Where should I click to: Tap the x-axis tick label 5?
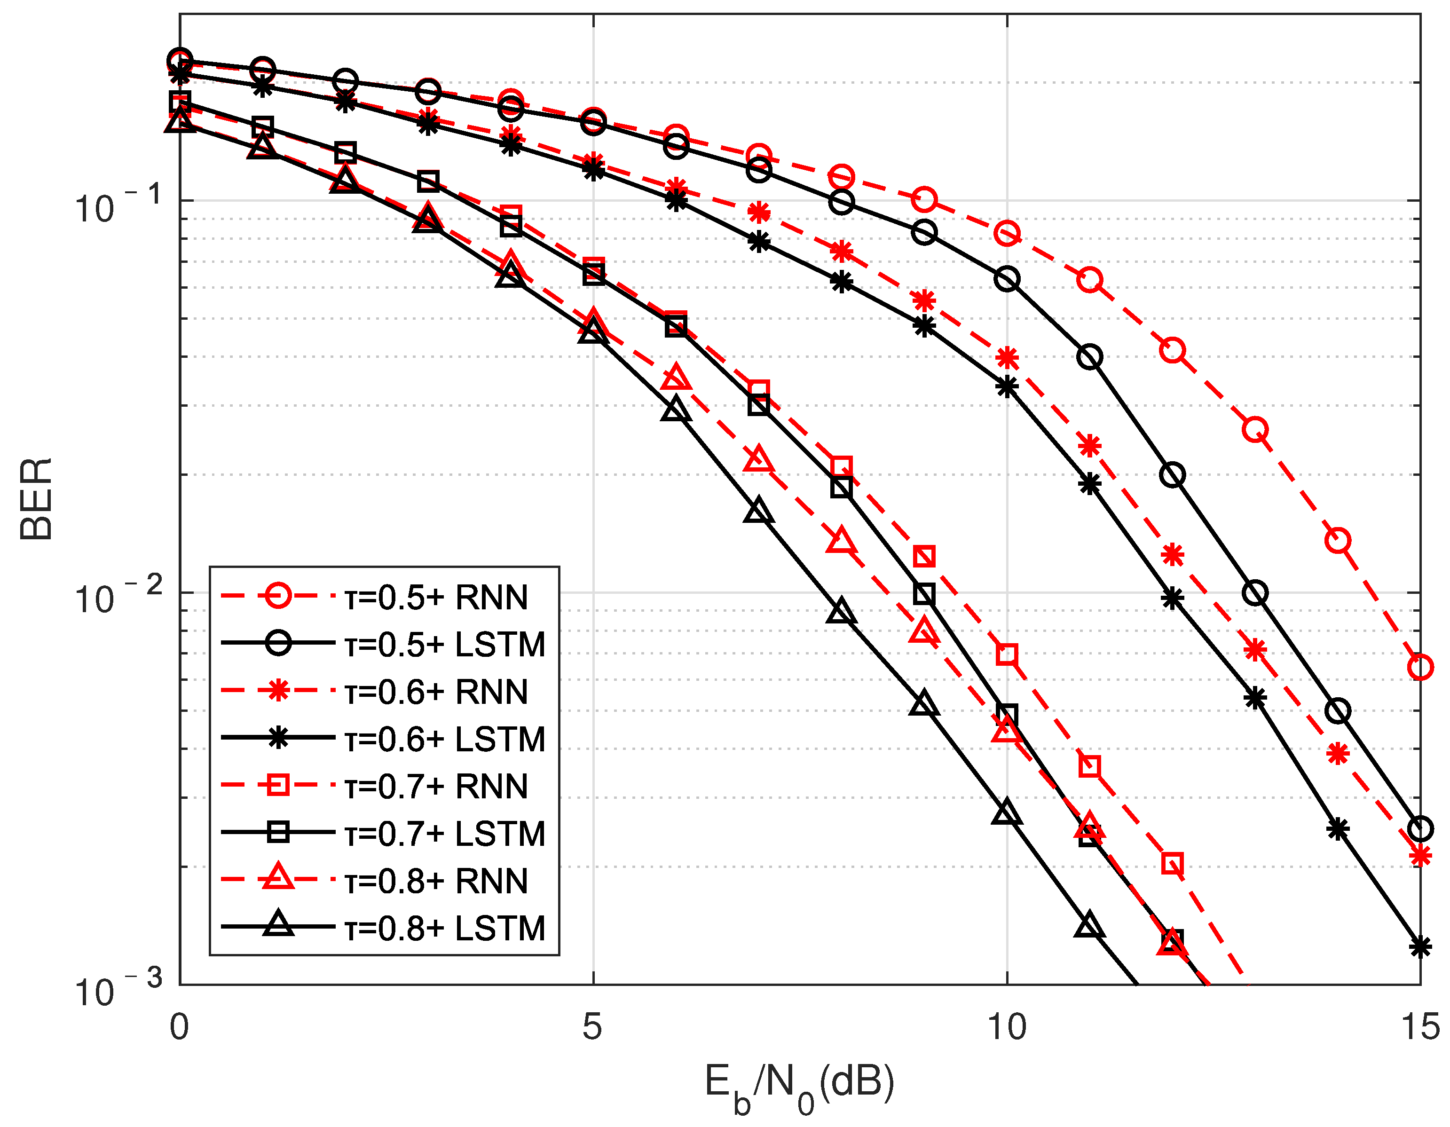592,1026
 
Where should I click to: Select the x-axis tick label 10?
1007,1026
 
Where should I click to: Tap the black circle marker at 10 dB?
1007,279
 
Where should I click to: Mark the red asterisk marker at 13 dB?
1255,649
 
